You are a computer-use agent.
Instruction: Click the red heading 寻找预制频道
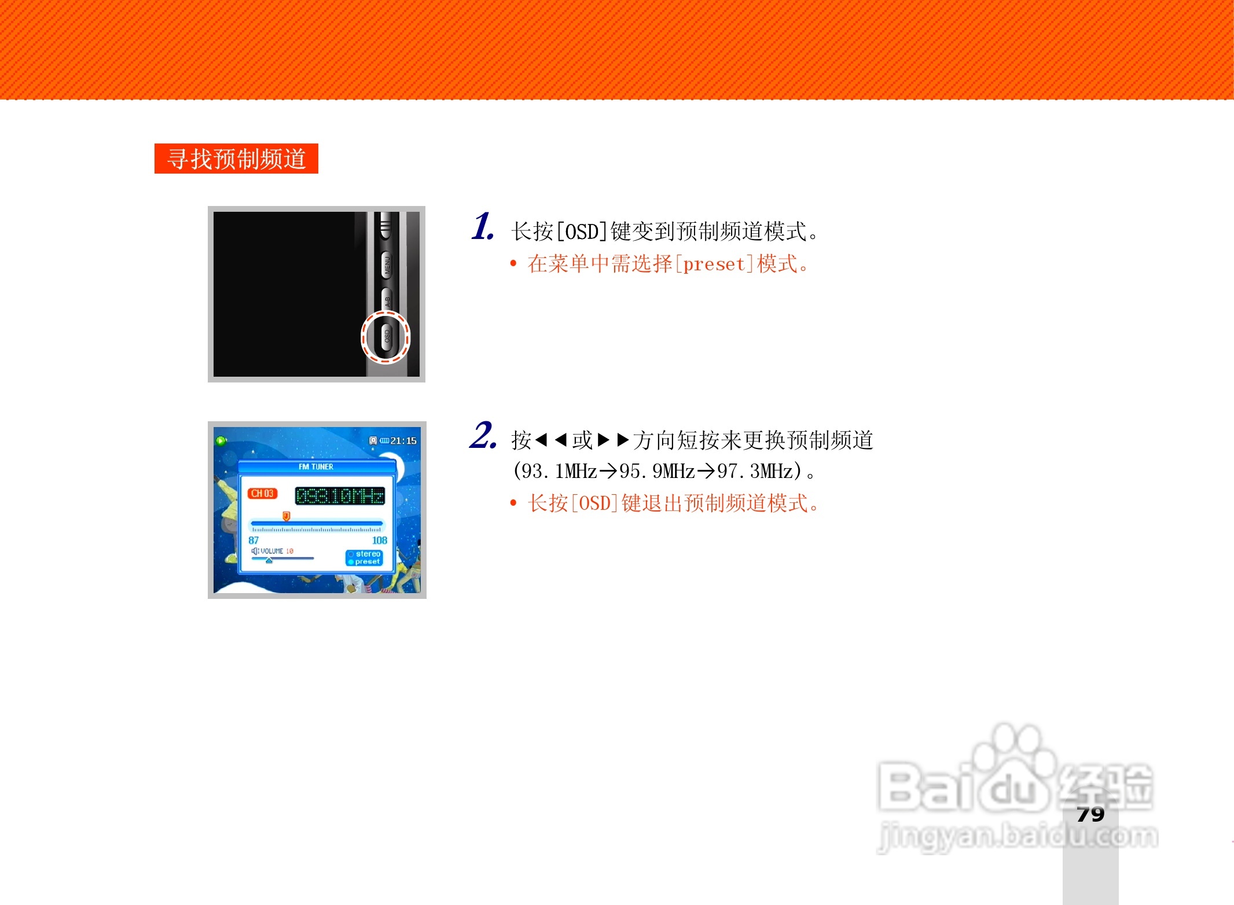pos(236,159)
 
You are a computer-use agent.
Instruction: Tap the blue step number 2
pos(482,436)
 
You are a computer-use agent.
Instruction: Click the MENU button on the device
pos(387,265)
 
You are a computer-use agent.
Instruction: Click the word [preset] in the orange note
pos(714,264)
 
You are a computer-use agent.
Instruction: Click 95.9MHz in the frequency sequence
pos(657,471)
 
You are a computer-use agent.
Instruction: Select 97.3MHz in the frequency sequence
pos(755,471)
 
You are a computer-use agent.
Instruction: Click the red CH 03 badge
pos(262,494)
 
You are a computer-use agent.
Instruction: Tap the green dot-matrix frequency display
pos(340,496)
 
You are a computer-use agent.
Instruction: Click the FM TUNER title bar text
pos(316,466)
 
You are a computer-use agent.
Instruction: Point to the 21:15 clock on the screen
pos(403,441)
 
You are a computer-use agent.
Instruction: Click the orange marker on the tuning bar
pos(286,516)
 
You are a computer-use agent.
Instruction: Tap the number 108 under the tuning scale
pos(380,540)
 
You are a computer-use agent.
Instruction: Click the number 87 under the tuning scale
pos(254,540)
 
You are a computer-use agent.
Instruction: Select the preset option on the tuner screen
pos(366,561)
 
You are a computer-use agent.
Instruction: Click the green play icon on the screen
pos(221,441)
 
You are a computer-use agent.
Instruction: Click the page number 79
pos(1090,814)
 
